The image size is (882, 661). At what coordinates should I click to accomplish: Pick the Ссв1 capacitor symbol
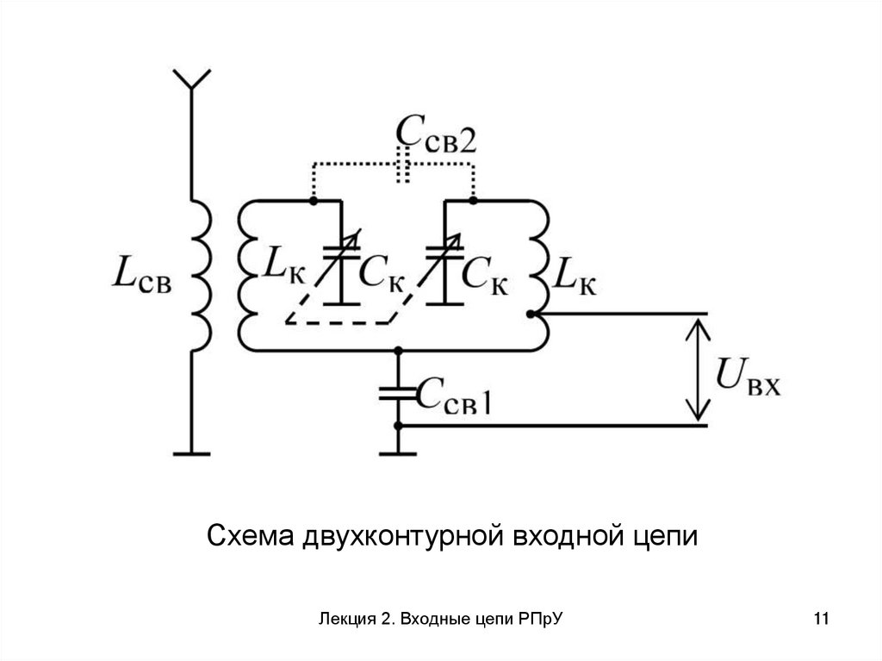[x=398, y=394]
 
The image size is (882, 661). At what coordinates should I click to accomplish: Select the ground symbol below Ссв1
[x=398, y=449]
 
